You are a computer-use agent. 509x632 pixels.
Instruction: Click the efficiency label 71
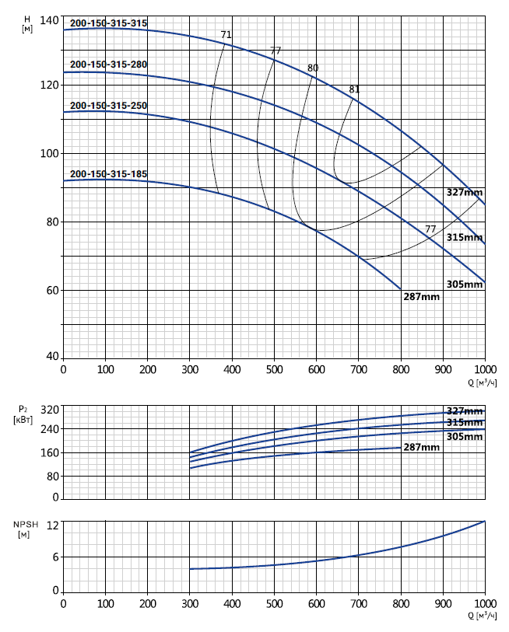226,35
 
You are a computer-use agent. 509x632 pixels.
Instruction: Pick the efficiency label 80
313,68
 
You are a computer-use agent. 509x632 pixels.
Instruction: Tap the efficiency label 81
355,89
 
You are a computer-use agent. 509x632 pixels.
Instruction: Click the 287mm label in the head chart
422,296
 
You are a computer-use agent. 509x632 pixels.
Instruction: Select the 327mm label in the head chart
465,191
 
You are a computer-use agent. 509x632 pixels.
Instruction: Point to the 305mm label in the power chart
465,436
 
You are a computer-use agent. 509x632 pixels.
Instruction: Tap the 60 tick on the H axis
51,291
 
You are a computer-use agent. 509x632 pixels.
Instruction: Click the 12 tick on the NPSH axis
53,525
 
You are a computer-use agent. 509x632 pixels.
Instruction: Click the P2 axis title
24,413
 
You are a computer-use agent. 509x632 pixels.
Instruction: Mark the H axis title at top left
26,23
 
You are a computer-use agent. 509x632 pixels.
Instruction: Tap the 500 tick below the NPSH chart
274,603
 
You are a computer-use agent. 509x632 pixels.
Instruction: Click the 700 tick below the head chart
359,370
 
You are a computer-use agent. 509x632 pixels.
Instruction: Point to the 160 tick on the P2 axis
48,453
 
